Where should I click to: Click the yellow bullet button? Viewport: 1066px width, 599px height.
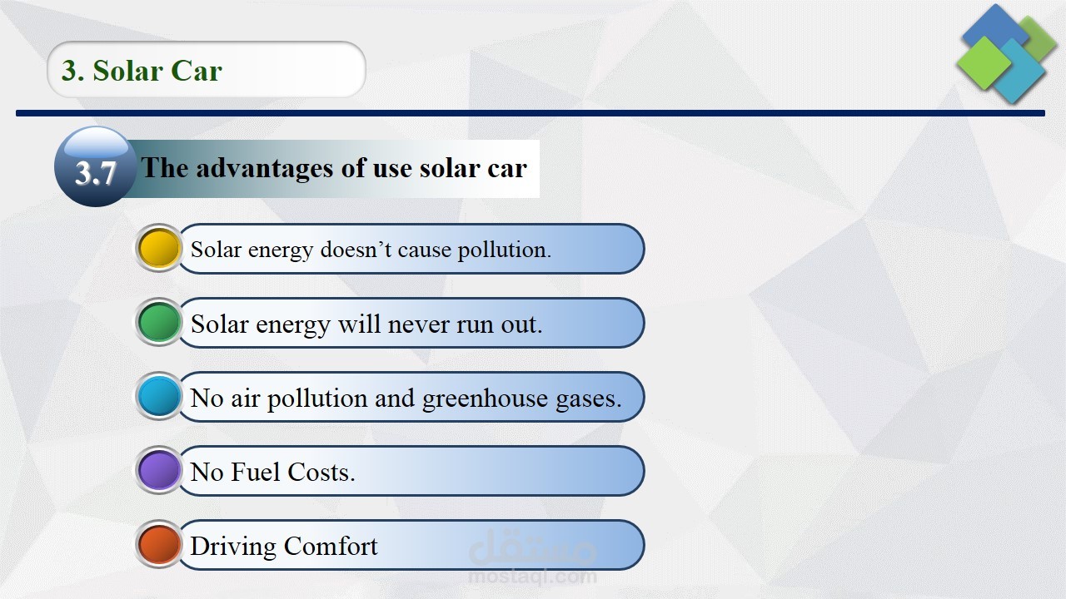(x=158, y=248)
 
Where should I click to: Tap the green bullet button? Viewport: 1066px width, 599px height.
(x=158, y=322)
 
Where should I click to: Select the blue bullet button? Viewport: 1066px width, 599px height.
(x=158, y=397)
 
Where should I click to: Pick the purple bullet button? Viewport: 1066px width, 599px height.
(x=158, y=471)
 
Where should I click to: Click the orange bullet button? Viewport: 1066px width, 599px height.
(x=158, y=545)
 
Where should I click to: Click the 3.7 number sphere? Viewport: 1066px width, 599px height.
(x=96, y=166)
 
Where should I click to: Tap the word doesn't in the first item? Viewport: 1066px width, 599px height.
(x=356, y=249)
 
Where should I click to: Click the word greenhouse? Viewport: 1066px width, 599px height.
(x=485, y=399)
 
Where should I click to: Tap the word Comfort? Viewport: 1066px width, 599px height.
(x=331, y=546)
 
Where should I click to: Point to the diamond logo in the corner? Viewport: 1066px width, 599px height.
(x=1007, y=53)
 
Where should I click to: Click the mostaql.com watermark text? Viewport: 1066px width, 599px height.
(x=532, y=577)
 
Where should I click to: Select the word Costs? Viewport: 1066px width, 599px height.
(x=321, y=472)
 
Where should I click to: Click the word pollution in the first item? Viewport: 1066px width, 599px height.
(x=504, y=250)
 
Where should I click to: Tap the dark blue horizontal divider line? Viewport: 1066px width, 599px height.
(x=531, y=113)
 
